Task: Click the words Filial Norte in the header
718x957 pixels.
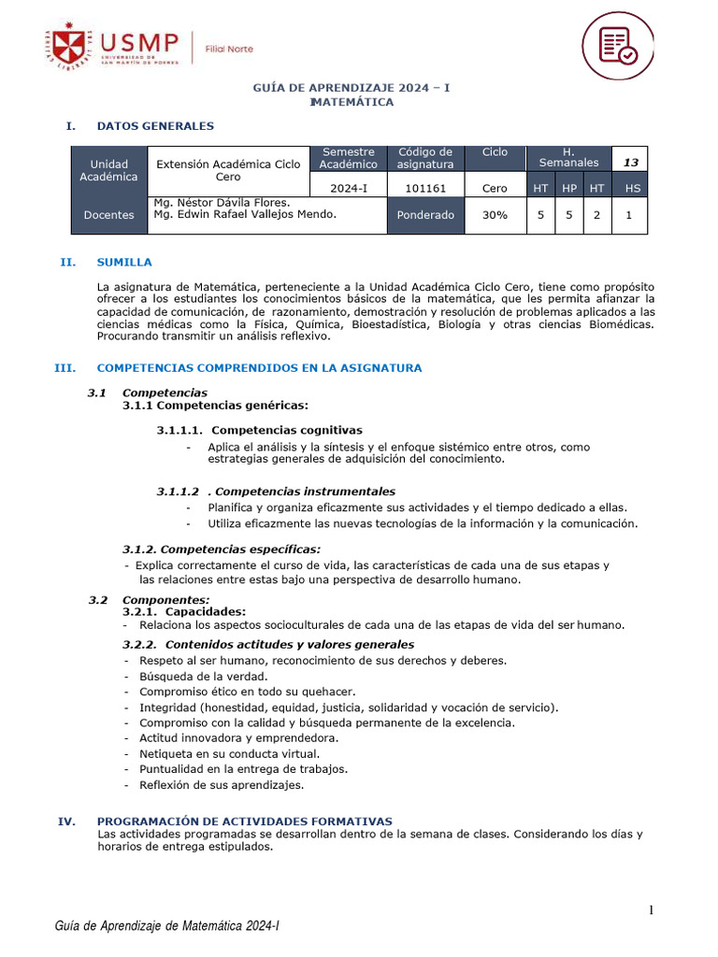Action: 229,49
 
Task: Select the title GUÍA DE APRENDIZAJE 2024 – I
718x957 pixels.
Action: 352,88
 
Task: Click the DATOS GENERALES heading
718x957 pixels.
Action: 155,126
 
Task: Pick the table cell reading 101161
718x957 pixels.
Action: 425,188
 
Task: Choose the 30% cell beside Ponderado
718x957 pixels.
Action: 495,215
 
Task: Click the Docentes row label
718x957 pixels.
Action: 108,215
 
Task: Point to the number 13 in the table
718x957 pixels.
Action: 631,163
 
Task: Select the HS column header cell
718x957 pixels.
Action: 633,188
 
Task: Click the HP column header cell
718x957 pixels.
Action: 569,188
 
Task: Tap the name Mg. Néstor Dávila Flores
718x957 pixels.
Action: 222,202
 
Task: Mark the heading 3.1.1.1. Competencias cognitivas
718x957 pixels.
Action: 259,431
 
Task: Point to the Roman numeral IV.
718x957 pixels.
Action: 66,821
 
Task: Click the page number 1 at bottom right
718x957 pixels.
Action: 653,910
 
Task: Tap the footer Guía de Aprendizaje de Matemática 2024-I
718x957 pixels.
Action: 168,926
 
